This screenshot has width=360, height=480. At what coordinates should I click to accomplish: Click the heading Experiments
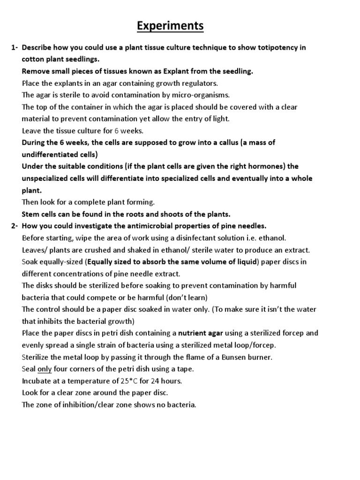click(170, 26)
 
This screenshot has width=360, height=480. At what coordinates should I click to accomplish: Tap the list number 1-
click(14, 48)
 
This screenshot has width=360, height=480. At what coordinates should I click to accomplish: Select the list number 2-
click(14, 226)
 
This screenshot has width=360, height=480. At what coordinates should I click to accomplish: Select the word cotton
click(32, 60)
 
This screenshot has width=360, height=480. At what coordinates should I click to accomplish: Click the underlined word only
click(45, 369)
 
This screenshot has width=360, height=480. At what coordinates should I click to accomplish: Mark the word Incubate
click(38, 381)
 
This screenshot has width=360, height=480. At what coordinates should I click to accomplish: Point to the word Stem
click(31, 214)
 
